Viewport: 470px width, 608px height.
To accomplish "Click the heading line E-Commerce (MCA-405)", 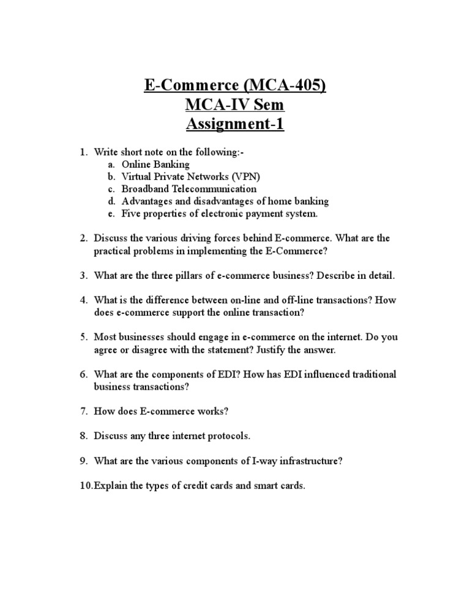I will (x=235, y=84).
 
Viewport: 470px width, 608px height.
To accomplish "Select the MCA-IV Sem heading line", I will (x=235, y=105).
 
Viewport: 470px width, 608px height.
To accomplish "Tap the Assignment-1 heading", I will (x=235, y=125).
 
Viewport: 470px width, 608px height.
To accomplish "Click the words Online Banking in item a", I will (x=155, y=165).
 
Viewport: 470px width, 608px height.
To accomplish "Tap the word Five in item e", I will (x=130, y=213).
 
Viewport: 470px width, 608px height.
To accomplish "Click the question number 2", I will (x=83, y=238).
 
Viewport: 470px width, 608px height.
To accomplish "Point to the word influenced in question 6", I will (x=286, y=374).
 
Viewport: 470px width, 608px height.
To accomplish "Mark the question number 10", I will (x=85, y=486).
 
